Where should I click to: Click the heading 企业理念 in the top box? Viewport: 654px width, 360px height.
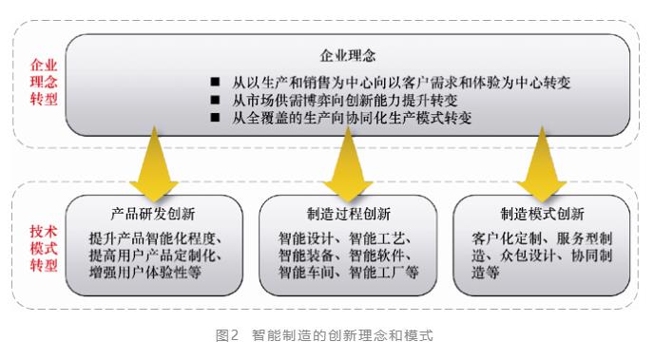tap(348, 55)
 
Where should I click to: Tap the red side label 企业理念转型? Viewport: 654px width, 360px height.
tap(44, 82)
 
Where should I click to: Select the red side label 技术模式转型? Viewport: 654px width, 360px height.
tap(44, 248)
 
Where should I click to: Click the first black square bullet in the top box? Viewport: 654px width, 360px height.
tap(215, 82)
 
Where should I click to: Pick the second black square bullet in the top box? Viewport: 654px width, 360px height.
tap(215, 100)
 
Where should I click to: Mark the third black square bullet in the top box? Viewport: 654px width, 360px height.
tap(215, 118)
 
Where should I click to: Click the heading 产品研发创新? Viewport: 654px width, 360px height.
tap(153, 214)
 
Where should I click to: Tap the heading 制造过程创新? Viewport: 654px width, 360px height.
tap(349, 214)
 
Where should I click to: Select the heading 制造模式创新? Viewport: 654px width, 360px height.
tap(542, 214)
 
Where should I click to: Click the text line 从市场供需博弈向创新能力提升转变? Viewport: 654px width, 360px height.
tap(345, 100)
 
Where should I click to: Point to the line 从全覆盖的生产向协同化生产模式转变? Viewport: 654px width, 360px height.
tap(352, 118)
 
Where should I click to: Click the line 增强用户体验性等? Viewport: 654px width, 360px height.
tap(145, 273)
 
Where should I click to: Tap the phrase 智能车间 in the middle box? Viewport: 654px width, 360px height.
tap(306, 273)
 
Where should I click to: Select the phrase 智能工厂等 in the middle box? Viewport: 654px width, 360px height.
tap(384, 273)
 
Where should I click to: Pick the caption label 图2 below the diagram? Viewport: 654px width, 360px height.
tap(227, 335)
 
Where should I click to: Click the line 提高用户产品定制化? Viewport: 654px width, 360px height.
tap(155, 256)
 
